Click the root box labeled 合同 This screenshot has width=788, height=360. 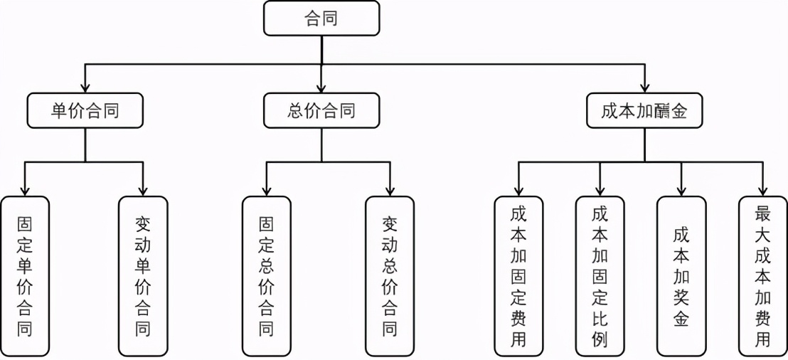321,18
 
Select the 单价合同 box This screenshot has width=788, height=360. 85,111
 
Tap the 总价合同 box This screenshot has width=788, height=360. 321,111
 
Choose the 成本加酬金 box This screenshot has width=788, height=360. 644,111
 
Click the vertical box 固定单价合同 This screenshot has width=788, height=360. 26,276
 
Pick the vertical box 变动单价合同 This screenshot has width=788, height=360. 143,276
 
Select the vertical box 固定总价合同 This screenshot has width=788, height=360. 266,276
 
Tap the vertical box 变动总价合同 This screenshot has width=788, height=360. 390,276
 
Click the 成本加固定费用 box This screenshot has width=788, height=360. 518,276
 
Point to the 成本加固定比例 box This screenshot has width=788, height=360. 600,276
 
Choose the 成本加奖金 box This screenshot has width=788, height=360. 681,276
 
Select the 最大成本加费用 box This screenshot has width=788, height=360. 762,276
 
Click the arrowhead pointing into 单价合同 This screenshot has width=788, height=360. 85,88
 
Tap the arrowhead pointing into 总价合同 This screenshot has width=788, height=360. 321,88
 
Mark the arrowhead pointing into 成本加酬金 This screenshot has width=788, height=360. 644,88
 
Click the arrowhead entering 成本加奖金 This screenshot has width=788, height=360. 681,190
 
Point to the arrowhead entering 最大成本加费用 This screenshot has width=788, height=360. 762,190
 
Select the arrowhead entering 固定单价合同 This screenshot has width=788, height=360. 26,190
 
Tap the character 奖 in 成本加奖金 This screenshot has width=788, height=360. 681,297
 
